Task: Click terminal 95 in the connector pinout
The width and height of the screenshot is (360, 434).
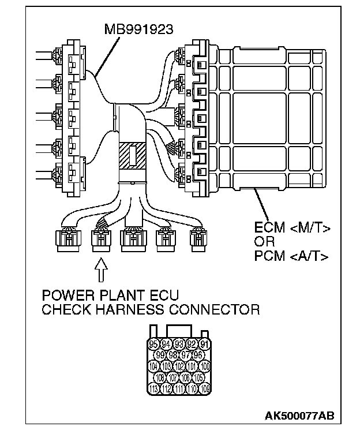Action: click(x=153, y=345)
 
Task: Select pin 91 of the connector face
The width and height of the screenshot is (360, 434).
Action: click(x=203, y=345)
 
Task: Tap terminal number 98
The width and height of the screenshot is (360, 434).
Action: click(x=172, y=355)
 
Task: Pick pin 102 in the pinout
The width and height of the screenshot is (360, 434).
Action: click(x=179, y=366)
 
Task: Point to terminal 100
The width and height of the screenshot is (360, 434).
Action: click(x=204, y=366)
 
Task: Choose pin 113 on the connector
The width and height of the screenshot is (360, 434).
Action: click(x=153, y=388)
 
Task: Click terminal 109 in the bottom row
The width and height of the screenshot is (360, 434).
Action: click(x=204, y=388)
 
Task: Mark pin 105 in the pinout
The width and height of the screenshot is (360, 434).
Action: click(x=198, y=377)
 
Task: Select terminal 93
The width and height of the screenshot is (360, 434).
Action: click(x=179, y=345)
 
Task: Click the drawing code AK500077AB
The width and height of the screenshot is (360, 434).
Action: click(x=299, y=416)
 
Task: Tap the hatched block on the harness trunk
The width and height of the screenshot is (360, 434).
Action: click(x=133, y=156)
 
